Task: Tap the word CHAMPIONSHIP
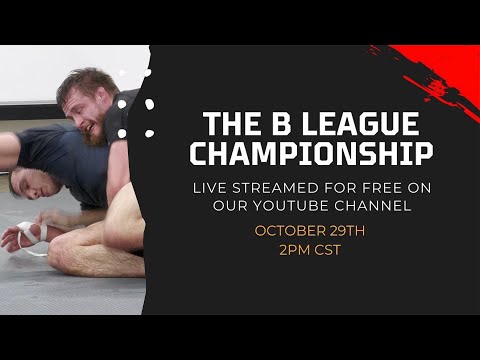pos(312,156)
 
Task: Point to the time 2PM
pos(294,249)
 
